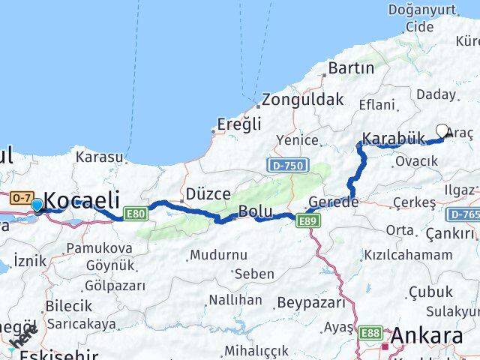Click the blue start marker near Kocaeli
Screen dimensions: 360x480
pyautogui.click(x=37, y=204)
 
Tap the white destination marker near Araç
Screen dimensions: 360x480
pyautogui.click(x=442, y=130)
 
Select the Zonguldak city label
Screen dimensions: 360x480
pyautogui.click(x=304, y=99)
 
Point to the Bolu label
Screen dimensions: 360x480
pyautogui.click(x=255, y=211)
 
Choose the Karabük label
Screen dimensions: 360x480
pyautogui.click(x=393, y=138)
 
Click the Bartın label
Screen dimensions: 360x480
pyautogui.click(x=351, y=68)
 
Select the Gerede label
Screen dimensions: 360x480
pyautogui.click(x=334, y=202)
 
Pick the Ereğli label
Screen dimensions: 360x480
pyautogui.click(x=238, y=124)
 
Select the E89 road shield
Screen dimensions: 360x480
pyautogui.click(x=307, y=220)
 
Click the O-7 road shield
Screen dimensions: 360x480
pyautogui.click(x=20, y=197)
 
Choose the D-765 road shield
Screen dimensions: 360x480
pyautogui.click(x=463, y=214)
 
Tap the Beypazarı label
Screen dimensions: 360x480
pyautogui.click(x=311, y=302)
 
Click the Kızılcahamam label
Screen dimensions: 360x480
pyautogui.click(x=408, y=254)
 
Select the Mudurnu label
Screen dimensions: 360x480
pyautogui.click(x=218, y=255)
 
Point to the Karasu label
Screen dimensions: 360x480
pyautogui.click(x=99, y=157)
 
